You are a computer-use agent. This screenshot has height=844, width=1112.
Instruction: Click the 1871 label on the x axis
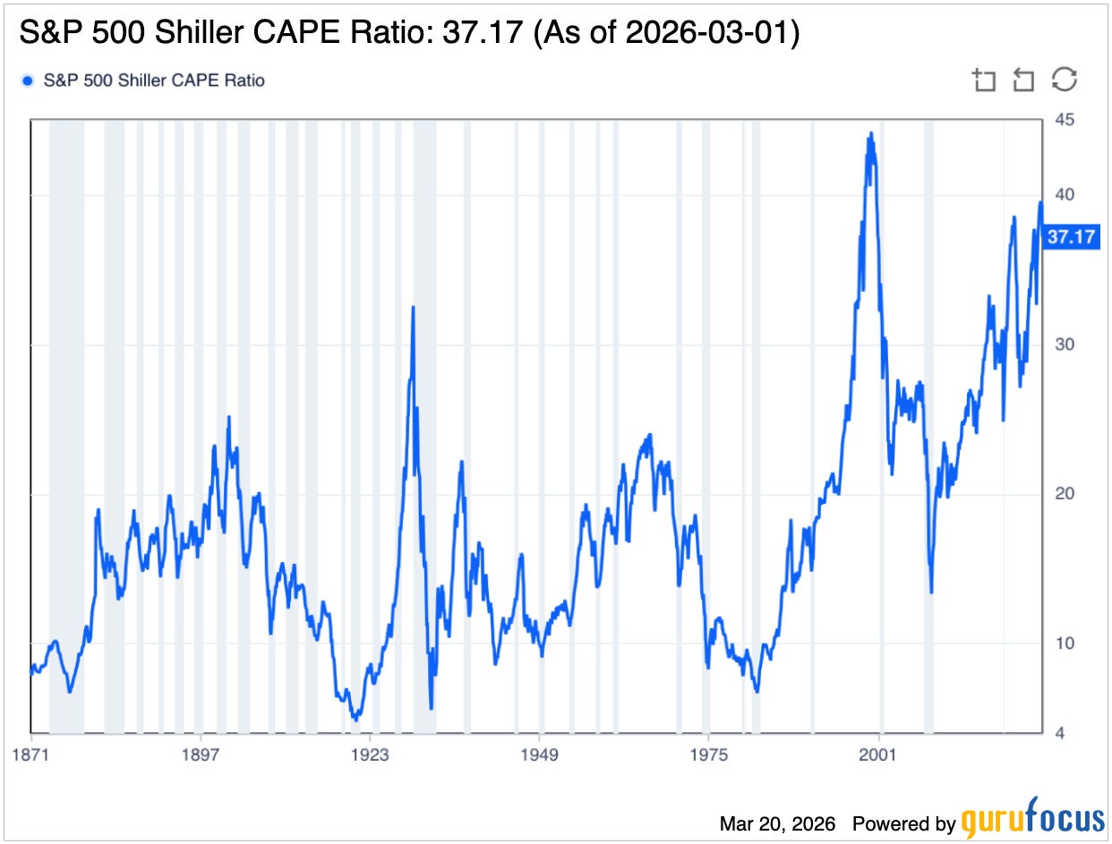(31, 754)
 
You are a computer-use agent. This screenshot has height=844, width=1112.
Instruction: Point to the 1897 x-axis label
(201, 754)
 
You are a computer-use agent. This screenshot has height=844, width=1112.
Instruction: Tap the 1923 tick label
(370, 754)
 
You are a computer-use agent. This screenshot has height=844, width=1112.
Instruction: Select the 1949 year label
(539, 754)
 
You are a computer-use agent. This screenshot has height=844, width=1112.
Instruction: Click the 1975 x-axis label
(708, 754)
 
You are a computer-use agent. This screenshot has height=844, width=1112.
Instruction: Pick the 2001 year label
(878, 754)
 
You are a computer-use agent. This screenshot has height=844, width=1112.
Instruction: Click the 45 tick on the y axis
(1065, 120)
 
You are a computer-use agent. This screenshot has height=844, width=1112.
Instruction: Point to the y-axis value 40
(1065, 195)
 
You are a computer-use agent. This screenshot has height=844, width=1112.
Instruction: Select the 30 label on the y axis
(1065, 345)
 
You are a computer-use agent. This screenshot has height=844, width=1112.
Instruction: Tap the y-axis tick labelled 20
(1065, 494)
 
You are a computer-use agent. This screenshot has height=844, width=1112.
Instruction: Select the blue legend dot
(27, 81)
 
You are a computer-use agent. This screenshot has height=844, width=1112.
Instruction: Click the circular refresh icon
(1064, 80)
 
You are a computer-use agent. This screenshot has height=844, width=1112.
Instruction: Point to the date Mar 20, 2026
(777, 823)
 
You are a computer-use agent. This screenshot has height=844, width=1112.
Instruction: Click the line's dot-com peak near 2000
(870, 134)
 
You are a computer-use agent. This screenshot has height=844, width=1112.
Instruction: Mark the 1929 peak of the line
(413, 307)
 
